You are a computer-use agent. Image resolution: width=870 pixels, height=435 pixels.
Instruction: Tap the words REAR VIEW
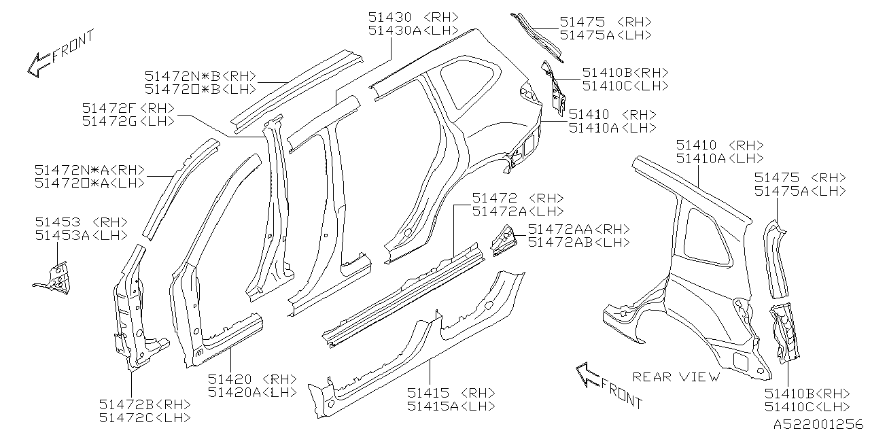pyautogui.click(x=676, y=376)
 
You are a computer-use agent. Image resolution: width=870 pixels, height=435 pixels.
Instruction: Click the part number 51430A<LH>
pyautogui.click(x=413, y=31)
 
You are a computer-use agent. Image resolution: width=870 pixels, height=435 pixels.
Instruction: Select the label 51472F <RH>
pyautogui.click(x=128, y=108)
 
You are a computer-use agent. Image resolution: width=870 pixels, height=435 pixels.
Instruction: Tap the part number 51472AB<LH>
pyautogui.click(x=578, y=242)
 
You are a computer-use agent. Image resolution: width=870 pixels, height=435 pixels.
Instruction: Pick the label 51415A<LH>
pyautogui.click(x=451, y=406)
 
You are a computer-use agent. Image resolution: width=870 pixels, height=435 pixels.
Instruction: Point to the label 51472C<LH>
pyautogui.click(x=145, y=417)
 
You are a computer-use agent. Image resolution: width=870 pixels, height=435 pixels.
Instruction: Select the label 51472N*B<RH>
pyautogui.click(x=200, y=76)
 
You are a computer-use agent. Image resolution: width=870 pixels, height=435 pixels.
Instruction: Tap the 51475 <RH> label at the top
pyautogui.click(x=606, y=22)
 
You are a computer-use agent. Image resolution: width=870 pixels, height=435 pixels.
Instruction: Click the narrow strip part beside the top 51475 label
pyautogui.click(x=536, y=34)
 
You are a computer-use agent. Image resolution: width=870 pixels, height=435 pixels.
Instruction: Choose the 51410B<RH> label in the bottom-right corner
pyautogui.click(x=807, y=394)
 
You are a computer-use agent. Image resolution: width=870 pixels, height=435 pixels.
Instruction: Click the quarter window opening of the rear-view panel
pyautogui.click(x=707, y=236)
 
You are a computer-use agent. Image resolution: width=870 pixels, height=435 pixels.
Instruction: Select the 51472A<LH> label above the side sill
pyautogui.click(x=518, y=211)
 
